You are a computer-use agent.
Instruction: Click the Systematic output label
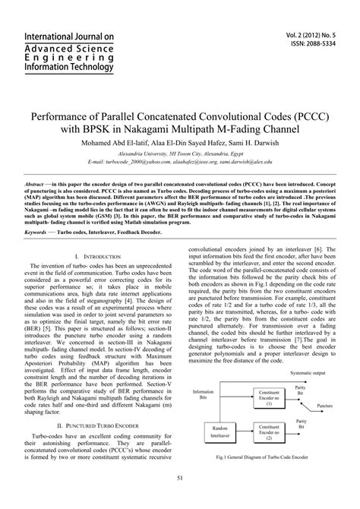click(x=309, y=372)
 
